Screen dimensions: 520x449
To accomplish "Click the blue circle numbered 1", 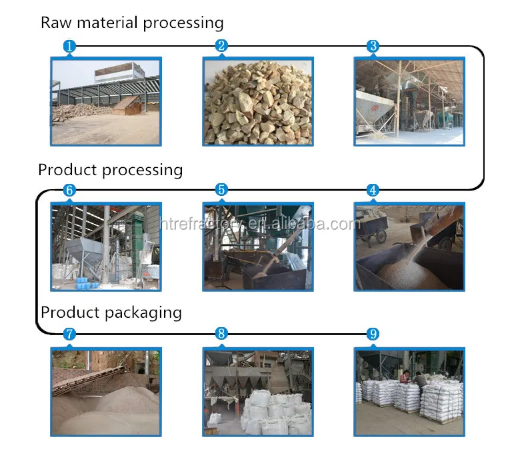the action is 69,46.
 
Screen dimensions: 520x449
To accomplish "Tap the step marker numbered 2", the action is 221,46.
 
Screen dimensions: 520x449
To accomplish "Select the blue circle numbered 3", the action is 373,46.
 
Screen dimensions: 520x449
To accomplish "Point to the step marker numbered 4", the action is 373,191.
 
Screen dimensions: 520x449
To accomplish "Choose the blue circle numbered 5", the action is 221,190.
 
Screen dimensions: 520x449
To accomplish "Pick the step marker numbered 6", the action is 69,191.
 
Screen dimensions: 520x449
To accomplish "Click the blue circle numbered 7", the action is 69,334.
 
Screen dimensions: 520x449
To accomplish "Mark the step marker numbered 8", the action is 221,334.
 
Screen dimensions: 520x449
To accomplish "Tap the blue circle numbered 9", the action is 373,334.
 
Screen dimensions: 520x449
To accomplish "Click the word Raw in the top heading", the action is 56,23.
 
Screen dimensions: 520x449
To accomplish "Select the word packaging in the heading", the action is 143,313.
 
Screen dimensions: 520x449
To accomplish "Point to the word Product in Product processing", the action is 67,170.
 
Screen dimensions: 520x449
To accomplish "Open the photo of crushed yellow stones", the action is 258,101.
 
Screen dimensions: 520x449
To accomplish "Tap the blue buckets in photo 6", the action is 85,283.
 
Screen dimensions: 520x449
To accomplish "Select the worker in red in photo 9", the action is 405,377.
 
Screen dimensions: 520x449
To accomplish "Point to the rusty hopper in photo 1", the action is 128,105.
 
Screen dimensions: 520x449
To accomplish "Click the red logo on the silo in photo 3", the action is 375,108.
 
